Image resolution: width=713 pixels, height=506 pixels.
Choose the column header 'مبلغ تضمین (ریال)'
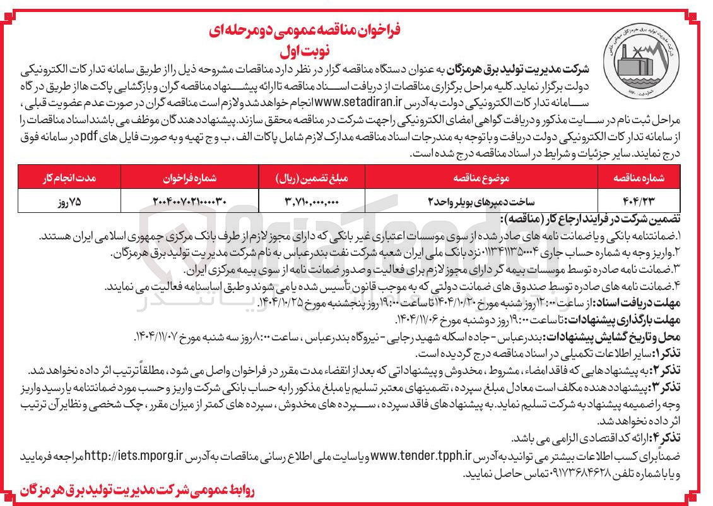[x=312, y=178]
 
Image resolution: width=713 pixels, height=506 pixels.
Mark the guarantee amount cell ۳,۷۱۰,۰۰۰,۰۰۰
[x=312, y=200]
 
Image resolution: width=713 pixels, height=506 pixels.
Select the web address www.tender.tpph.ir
[x=421, y=455]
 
